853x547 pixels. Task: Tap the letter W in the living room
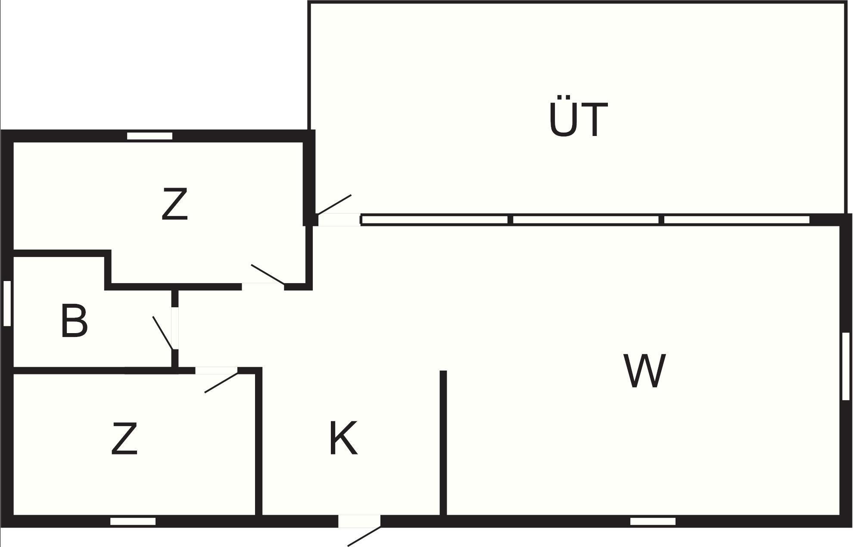[644, 371]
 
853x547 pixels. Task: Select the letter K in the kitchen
[343, 438]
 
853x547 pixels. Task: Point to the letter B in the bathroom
[74, 321]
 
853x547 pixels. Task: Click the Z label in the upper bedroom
[175, 204]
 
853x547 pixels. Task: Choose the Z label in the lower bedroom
[125, 439]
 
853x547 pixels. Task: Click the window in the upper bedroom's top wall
[149, 136]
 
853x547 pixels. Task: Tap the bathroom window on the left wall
[7, 303]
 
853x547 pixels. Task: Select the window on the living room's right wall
[846, 366]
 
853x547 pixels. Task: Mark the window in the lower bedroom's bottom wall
[133, 522]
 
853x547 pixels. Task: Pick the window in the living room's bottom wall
[653, 522]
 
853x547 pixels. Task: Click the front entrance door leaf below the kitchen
[364, 536]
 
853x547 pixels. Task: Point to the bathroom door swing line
[163, 333]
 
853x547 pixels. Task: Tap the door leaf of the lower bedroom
[221, 383]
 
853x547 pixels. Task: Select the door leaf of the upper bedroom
[268, 274]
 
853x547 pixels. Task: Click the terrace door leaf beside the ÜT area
[334, 204]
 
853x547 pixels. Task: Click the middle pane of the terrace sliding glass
[586, 220]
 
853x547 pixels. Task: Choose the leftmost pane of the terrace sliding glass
[434, 220]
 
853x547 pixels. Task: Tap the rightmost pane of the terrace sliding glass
[737, 220]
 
